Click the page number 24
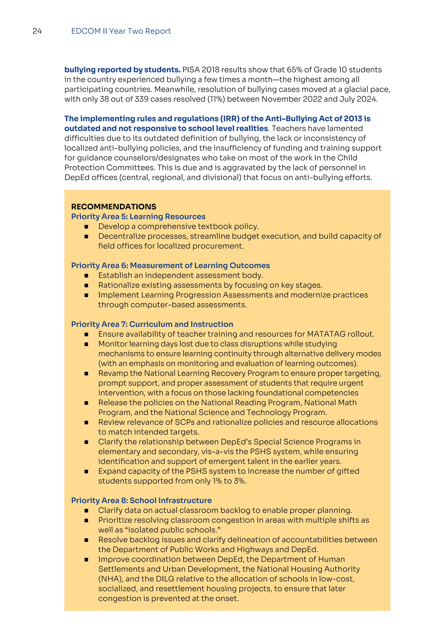(x=37, y=31)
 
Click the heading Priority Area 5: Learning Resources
(x=138, y=217)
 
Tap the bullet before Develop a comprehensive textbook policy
(x=86, y=227)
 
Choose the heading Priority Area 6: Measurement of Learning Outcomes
(x=170, y=265)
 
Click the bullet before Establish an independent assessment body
(x=86, y=276)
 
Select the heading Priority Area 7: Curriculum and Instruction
(x=152, y=324)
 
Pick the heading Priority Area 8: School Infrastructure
(x=141, y=500)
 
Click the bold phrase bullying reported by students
(x=122, y=70)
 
